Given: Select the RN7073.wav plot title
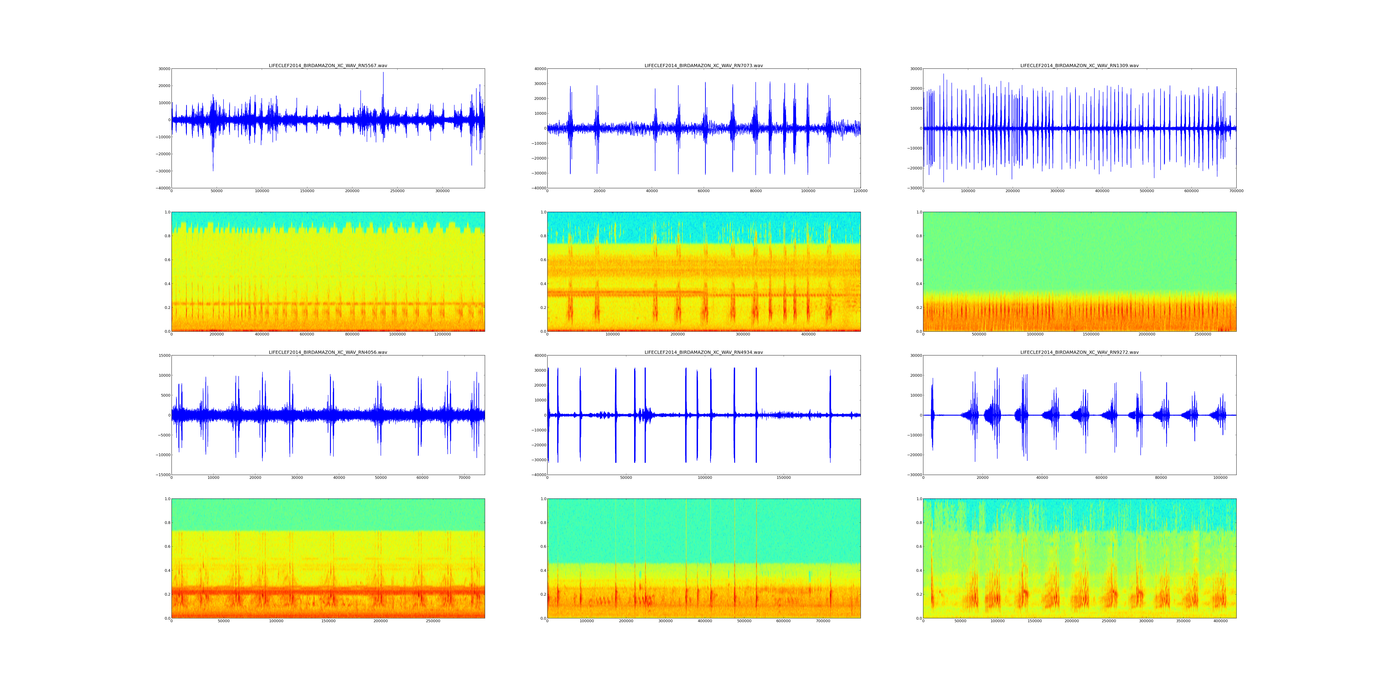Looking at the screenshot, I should point(703,65).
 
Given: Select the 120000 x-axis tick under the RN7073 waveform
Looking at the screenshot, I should point(860,191).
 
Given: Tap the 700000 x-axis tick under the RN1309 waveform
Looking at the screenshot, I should point(1236,191).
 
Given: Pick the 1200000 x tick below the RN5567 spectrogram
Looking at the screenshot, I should point(442,334).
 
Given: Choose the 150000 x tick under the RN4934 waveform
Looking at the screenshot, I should point(784,478).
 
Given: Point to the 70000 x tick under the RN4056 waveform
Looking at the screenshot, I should point(464,478).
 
